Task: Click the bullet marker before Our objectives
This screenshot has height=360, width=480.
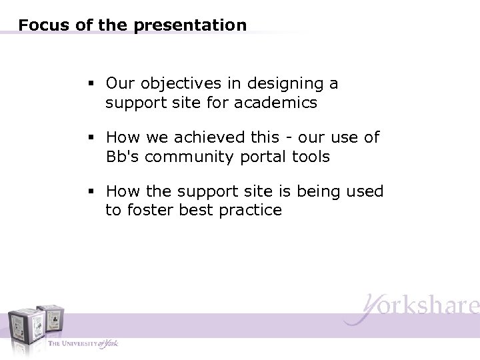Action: (x=91, y=85)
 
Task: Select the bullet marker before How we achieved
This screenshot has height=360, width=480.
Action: (x=91, y=138)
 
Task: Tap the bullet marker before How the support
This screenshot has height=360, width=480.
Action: (x=91, y=192)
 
